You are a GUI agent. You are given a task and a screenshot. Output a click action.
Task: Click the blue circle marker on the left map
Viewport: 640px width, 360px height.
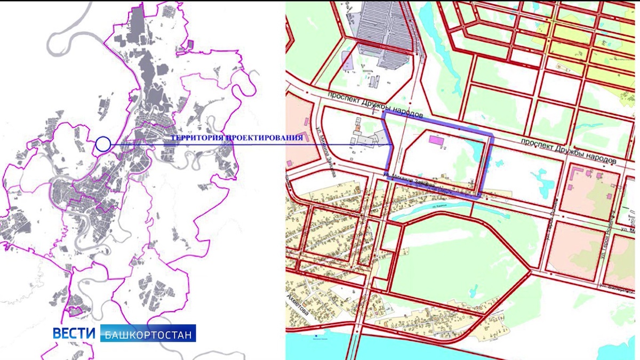coord(103,143)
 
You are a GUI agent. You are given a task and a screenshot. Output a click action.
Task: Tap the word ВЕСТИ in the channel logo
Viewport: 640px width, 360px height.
coord(74,333)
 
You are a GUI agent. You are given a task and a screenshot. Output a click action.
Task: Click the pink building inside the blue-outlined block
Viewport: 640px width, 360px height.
coord(436,140)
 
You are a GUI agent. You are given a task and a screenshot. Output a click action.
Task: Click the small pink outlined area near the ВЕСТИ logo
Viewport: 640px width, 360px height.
coord(77,310)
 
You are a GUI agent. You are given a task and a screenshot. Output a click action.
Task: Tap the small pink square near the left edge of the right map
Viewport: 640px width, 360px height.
coord(290,162)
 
